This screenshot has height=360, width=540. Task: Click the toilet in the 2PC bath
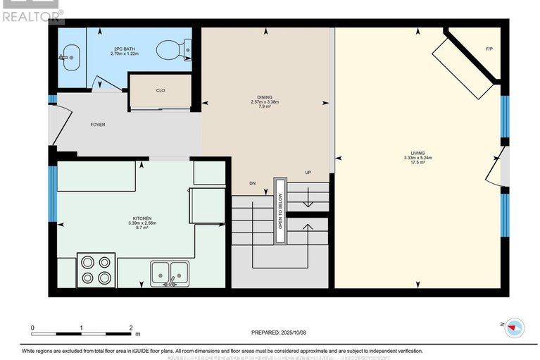click(x=169, y=50)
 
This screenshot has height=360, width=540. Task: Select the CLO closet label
click(x=161, y=90)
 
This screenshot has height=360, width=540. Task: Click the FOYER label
click(x=97, y=125)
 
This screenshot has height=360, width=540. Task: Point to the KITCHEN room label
click(x=141, y=218)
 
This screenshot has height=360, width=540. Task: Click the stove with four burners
click(x=95, y=268)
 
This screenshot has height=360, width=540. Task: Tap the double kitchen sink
click(x=169, y=271)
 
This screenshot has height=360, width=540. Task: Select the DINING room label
click(x=265, y=97)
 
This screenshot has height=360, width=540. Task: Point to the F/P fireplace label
click(x=489, y=49)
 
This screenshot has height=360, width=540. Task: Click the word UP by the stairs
click(x=308, y=173)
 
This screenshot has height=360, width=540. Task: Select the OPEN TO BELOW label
click(x=280, y=211)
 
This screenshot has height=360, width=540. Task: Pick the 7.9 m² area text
click(x=265, y=108)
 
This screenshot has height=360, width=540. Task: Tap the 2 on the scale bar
click(x=131, y=328)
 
